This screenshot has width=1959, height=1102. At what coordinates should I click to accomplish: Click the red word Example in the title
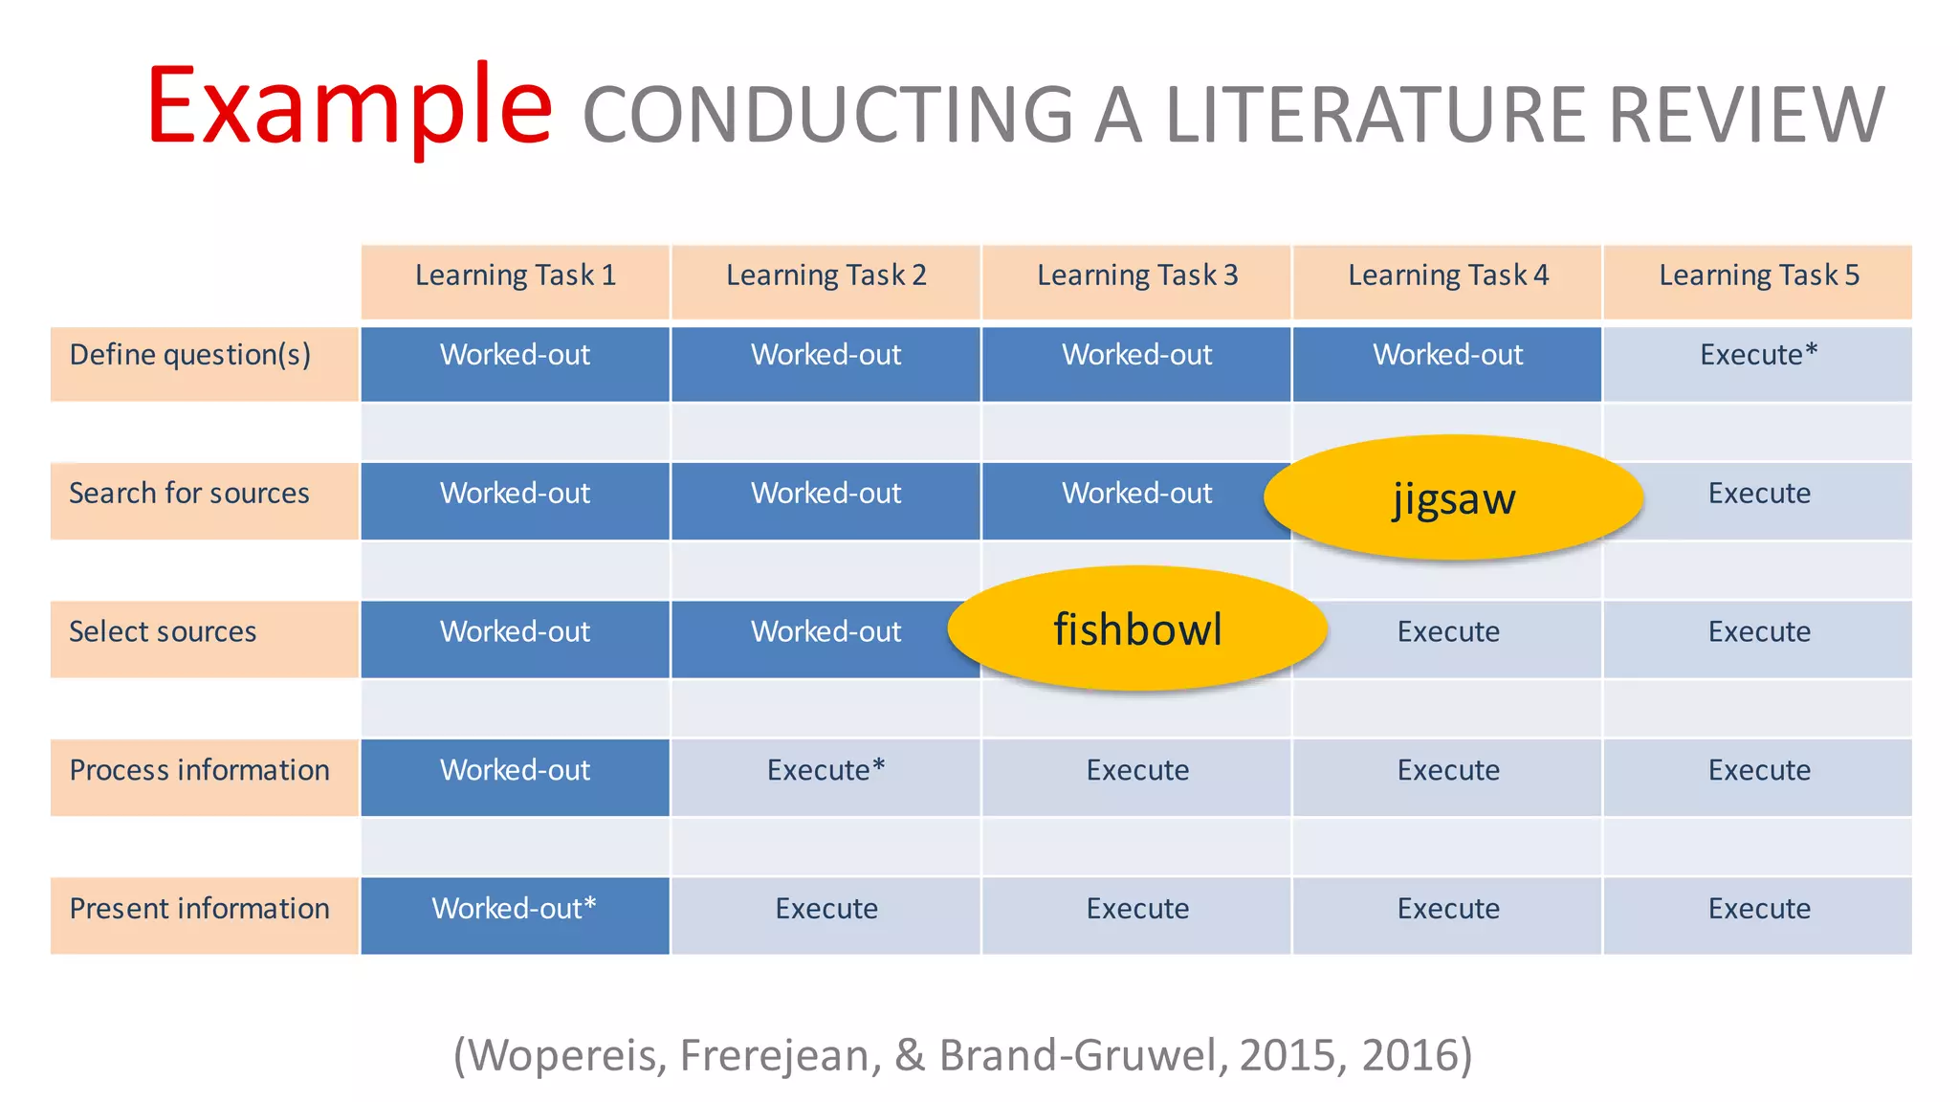[349, 107]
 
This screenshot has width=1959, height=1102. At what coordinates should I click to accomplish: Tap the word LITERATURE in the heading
[1376, 116]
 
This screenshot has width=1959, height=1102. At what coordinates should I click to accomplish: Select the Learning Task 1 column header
[516, 276]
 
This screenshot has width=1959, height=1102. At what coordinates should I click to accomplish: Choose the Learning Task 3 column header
[1137, 276]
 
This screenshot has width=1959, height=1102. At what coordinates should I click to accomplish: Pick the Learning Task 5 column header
[1758, 276]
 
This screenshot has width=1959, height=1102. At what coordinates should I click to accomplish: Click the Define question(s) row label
[190, 356]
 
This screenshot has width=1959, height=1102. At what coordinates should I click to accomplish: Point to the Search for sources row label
[189, 494]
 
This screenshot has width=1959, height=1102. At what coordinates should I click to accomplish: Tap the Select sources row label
[164, 632]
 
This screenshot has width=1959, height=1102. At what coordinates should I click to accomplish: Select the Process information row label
[199, 771]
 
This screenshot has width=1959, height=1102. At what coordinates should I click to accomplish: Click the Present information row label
[199, 909]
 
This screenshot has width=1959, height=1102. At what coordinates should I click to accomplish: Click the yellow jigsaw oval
[1453, 498]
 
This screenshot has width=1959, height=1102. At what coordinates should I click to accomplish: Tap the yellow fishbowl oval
[1137, 629]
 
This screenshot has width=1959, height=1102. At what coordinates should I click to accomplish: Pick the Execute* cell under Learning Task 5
[1758, 356]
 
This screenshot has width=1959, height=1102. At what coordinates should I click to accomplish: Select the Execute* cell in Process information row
[825, 771]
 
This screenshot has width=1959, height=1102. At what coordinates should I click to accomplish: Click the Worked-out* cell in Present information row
[515, 909]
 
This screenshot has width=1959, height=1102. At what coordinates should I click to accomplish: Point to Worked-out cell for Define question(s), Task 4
[1447, 356]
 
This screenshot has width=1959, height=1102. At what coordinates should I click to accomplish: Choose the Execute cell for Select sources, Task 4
[1447, 632]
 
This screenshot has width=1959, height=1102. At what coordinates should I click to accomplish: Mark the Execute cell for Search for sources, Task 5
[1759, 494]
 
